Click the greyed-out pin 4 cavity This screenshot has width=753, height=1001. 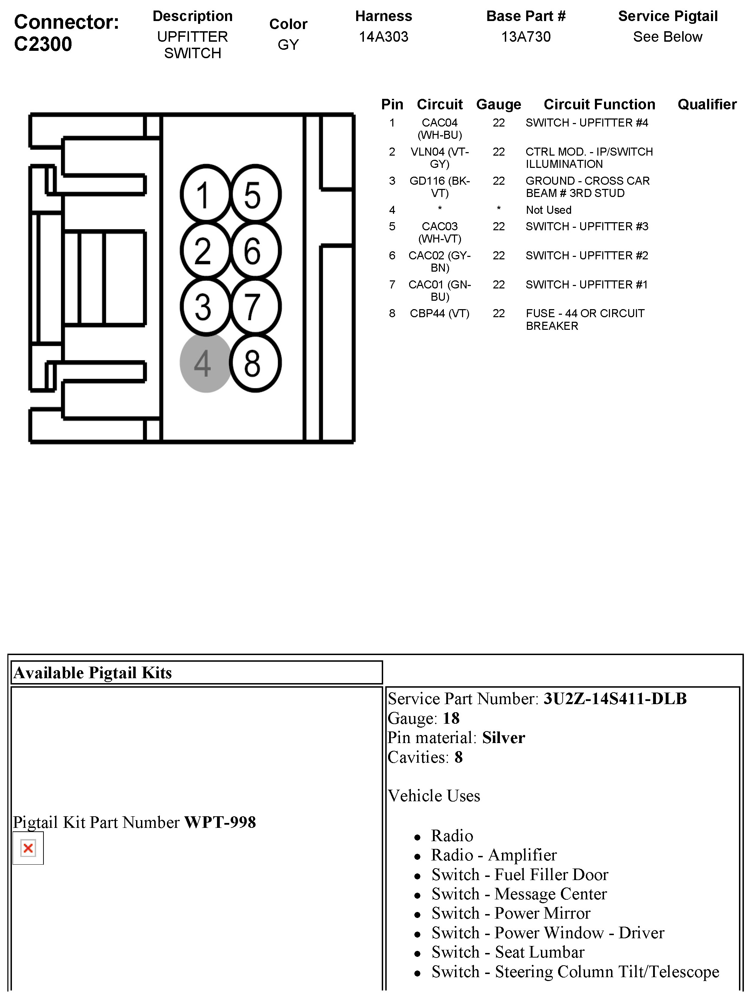click(205, 362)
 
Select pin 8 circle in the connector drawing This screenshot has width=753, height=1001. click(255, 362)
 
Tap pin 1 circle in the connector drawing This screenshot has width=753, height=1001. click(205, 195)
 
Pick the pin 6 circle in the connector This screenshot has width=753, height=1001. click(255, 251)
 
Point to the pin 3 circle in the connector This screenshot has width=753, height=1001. click(205, 307)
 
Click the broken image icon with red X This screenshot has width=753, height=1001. click(28, 848)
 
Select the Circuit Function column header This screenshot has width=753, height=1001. click(599, 104)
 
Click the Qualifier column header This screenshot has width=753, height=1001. click(707, 104)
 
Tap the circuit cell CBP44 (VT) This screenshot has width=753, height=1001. click(439, 314)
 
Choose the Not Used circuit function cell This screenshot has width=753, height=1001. click(549, 210)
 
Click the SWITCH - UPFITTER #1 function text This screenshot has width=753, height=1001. click(586, 285)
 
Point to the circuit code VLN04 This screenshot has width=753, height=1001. click(428, 152)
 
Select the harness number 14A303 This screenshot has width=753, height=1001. click(383, 37)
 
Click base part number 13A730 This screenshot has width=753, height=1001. click(526, 37)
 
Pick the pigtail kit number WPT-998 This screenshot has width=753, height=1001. click(220, 822)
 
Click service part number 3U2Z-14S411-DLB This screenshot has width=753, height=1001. click(615, 699)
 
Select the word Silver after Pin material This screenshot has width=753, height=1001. click(503, 738)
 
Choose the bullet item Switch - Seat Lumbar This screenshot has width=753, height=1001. click(508, 952)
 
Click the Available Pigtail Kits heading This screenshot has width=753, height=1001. click(93, 673)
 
